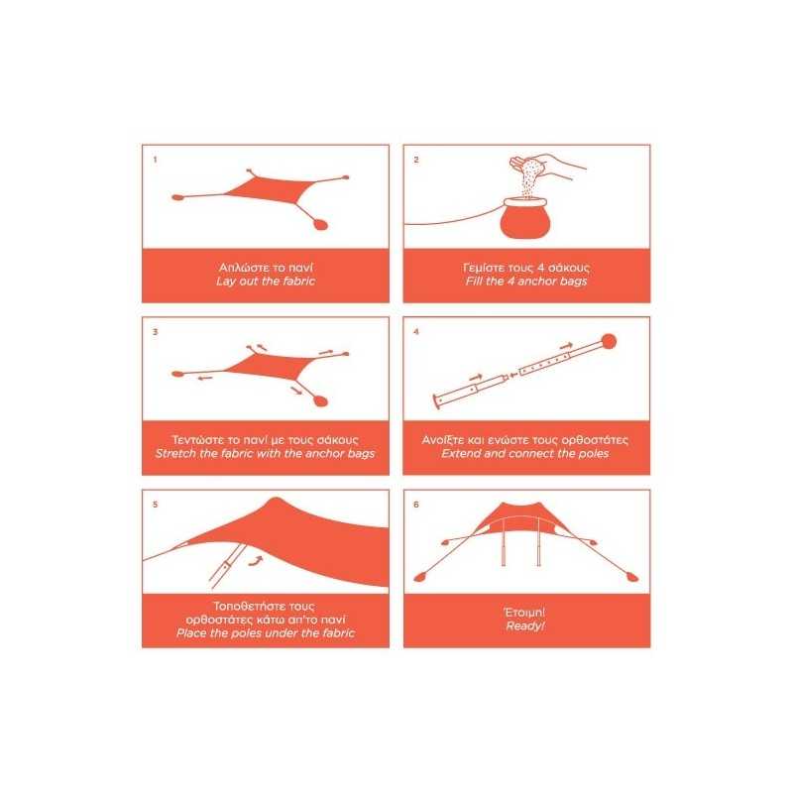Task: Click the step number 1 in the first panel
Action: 155,160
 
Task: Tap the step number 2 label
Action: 416,160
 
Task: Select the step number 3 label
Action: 156,332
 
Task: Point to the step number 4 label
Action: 416,332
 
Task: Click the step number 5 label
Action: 156,505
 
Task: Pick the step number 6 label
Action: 416,505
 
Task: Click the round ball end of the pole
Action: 609,341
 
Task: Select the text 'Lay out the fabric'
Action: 266,282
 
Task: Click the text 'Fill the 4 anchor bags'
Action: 526,282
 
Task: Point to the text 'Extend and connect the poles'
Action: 525,454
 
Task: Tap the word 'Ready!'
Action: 525,626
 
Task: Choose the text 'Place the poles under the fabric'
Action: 266,633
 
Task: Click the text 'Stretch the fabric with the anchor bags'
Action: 266,454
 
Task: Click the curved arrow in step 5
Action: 257,560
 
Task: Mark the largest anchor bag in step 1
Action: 320,224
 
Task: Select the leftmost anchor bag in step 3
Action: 177,375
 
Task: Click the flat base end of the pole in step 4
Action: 436,402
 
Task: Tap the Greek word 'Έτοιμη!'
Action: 525,613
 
